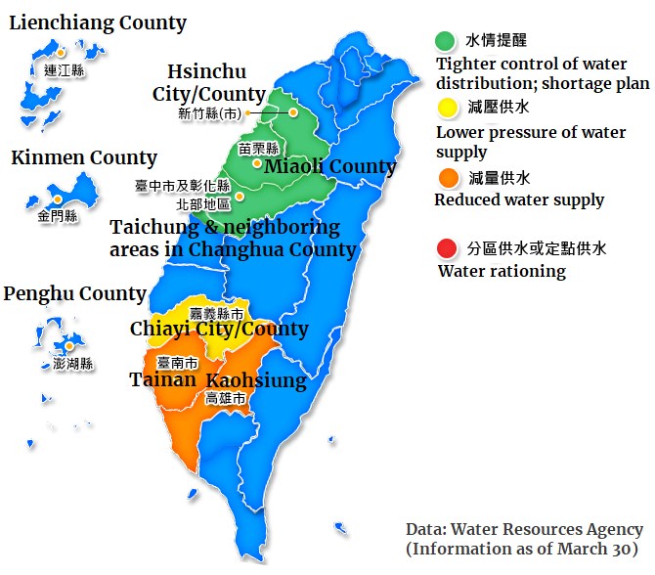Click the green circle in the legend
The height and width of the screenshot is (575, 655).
pyautogui.click(x=446, y=40)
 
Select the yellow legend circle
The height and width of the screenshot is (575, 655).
pyautogui.click(x=446, y=108)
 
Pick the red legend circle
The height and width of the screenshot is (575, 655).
pyautogui.click(x=446, y=248)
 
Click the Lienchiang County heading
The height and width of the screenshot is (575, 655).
pyautogui.click(x=98, y=22)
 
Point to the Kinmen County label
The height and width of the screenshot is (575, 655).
pyautogui.click(x=84, y=157)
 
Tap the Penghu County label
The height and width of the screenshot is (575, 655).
pyautogui.click(x=75, y=293)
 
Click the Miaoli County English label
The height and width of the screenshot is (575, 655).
pyautogui.click(x=330, y=167)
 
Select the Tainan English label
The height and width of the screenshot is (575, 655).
pyautogui.click(x=163, y=379)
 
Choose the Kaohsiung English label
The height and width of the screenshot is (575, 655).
pyautogui.click(x=256, y=379)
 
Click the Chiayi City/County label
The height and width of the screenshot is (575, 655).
pyautogui.click(x=219, y=330)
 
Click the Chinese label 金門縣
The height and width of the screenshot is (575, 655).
pyautogui.click(x=58, y=216)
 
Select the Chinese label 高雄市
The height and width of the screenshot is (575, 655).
pyautogui.click(x=225, y=398)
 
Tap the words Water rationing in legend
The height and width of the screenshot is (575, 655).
pyautogui.click(x=502, y=271)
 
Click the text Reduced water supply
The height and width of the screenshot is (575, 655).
pyautogui.click(x=519, y=200)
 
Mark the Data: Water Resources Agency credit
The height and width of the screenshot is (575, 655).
pyautogui.click(x=524, y=530)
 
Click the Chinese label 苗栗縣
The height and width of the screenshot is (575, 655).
pyautogui.click(x=258, y=149)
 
